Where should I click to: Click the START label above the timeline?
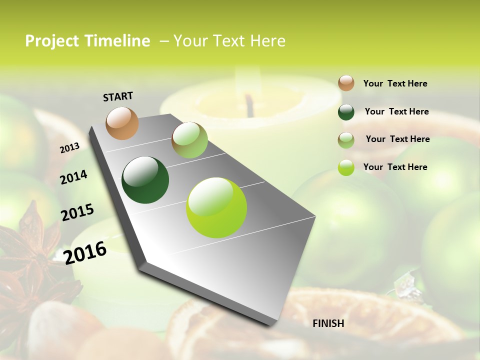pos(118,96)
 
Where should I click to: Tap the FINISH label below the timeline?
pos(328,323)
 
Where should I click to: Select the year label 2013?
pos(70,148)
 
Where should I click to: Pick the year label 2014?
pos(73,177)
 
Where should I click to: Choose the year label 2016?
pos(85,252)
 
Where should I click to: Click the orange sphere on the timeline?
pos(122,123)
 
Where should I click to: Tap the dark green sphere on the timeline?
pos(145,180)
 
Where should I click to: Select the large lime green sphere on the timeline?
pos(216,207)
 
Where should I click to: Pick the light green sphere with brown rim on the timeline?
pos(189,140)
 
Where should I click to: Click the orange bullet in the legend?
pos(346,83)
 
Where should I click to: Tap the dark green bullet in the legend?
pos(346,112)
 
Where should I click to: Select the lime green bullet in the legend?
pos(346,167)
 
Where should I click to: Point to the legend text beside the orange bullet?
pos(395,83)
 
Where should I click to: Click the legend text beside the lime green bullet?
pos(395,167)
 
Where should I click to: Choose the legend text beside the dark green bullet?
pos(396,111)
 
